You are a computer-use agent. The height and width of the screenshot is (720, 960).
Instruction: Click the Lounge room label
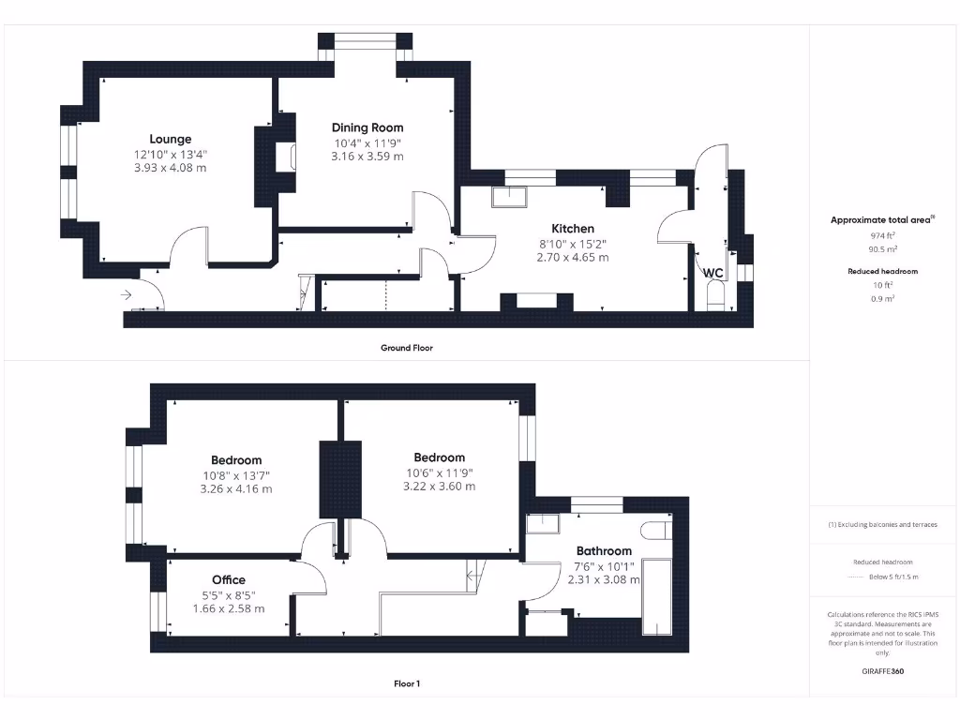pyautogui.click(x=170, y=139)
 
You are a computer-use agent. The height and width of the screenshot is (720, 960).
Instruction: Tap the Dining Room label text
pyautogui.click(x=367, y=127)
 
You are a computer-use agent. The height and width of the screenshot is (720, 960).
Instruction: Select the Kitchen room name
pyautogui.click(x=572, y=228)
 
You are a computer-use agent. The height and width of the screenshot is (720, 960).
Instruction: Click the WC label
pyautogui.click(x=713, y=273)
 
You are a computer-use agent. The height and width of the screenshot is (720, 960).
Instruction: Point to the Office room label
pyautogui.click(x=228, y=579)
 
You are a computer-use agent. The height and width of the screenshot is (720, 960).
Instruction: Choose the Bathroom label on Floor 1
pyautogui.click(x=604, y=550)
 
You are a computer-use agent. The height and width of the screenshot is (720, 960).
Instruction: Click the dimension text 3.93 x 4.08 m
pyautogui.click(x=170, y=168)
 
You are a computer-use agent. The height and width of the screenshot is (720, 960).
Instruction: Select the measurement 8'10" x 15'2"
pyautogui.click(x=572, y=243)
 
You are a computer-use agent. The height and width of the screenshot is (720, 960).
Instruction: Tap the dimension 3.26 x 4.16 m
pyautogui.click(x=236, y=488)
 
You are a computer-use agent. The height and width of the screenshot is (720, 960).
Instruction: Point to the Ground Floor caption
pyautogui.click(x=406, y=348)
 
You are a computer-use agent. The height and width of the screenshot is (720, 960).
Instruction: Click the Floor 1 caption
pyautogui.click(x=406, y=684)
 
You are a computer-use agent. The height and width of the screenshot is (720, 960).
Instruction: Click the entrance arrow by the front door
pyautogui.click(x=127, y=294)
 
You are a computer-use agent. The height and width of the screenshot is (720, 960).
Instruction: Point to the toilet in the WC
pyautogui.click(x=714, y=296)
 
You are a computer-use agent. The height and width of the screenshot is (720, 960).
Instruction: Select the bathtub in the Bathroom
pyautogui.click(x=655, y=594)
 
